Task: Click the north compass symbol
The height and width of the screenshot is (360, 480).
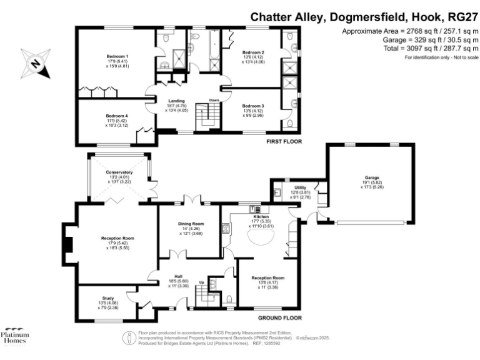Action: (x=35, y=62)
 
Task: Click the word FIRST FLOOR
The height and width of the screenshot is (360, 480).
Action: (x=284, y=142)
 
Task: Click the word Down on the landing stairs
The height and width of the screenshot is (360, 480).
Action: (x=214, y=100)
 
